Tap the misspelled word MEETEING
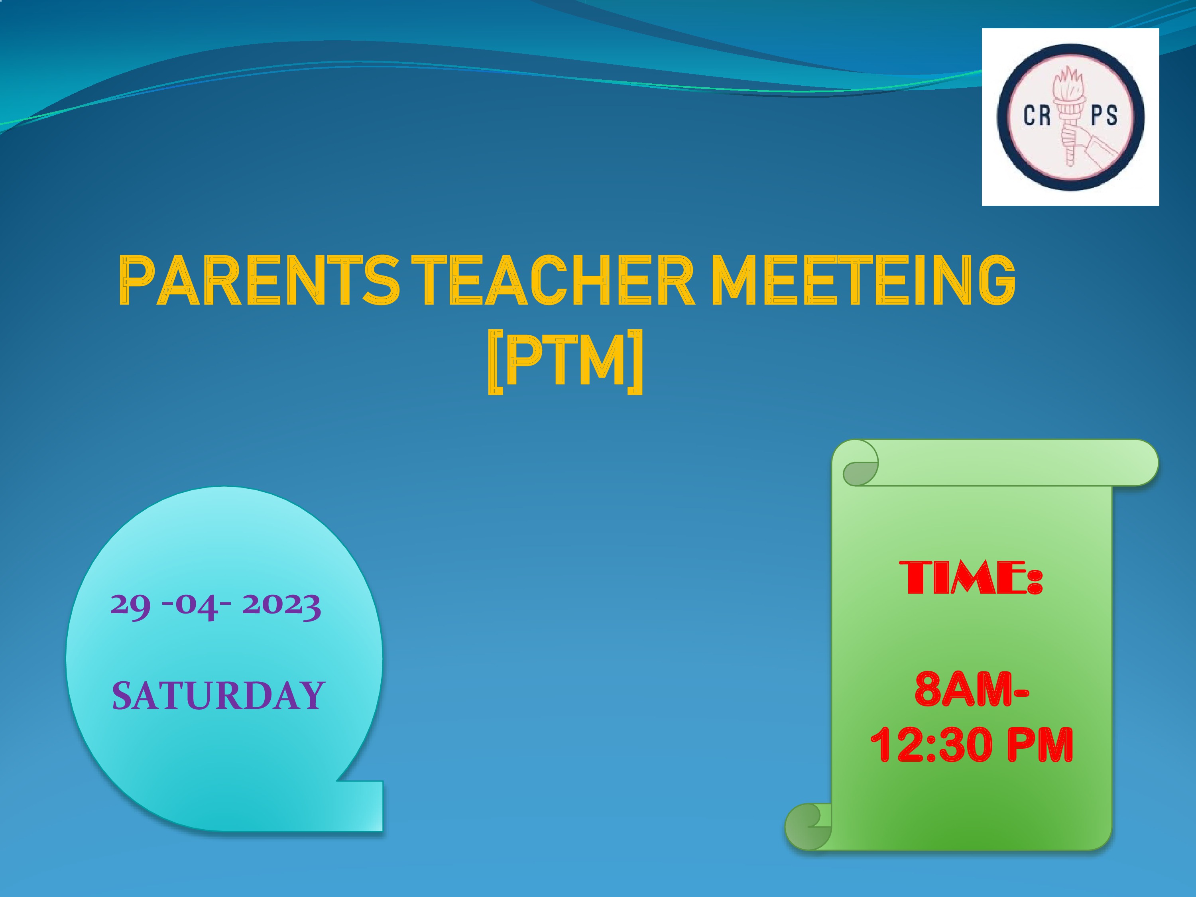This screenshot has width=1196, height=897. coord(863,281)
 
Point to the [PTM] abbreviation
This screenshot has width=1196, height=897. coord(566,362)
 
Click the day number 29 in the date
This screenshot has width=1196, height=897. coord(130,606)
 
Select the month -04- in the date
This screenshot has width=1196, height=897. coord(197,606)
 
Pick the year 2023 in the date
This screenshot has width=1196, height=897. coord(281,606)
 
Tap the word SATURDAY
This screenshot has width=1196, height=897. coord(218,695)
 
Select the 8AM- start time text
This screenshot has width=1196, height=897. coord(972,689)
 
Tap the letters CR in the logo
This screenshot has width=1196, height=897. coord(1037,116)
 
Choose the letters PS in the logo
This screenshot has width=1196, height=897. coord(1104,116)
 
